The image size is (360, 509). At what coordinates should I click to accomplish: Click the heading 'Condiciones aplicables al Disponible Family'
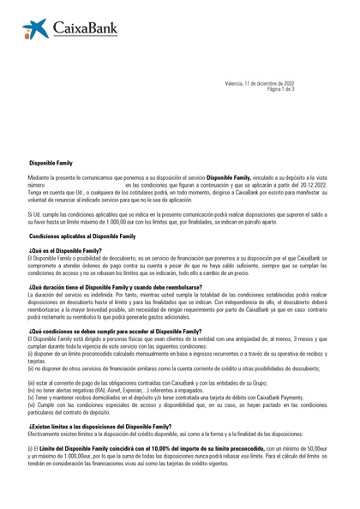(x=82, y=234)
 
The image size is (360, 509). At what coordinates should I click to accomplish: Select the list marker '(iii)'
(x=32, y=380)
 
